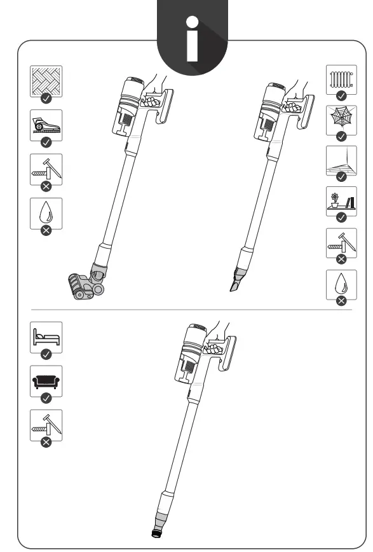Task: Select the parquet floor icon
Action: [x=46, y=80]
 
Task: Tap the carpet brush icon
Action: [x=46, y=124]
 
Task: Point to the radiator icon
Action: [x=341, y=79]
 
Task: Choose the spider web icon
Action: [x=341, y=119]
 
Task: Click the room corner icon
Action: [x=341, y=160]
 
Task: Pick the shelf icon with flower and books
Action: [x=341, y=201]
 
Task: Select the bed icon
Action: [x=46, y=336]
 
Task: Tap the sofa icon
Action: [x=46, y=380]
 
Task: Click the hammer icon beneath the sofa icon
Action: [x=46, y=425]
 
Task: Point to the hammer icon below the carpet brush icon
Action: [x=46, y=169]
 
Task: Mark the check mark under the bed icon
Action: [x=46, y=354]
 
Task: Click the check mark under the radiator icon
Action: [x=341, y=95]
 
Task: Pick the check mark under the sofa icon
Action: [x=46, y=398]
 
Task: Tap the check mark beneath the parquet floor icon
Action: [x=46, y=98]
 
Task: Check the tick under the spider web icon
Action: [x=341, y=136]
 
